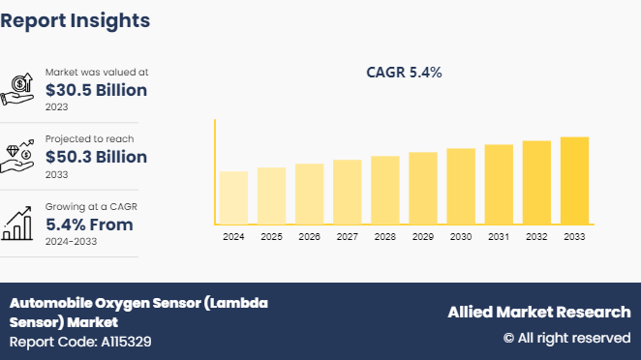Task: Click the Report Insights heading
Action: [76, 20]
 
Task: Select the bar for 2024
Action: [233, 197]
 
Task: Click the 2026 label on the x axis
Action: [309, 237]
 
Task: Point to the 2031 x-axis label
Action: [499, 237]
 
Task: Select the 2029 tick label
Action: [423, 237]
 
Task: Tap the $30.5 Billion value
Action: [96, 91]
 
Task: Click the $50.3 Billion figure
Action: [96, 157]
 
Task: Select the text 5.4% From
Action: [89, 225]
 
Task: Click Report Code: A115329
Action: [80, 342]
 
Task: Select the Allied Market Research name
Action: [538, 312]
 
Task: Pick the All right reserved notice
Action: [566, 338]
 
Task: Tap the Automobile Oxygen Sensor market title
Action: [138, 312]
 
